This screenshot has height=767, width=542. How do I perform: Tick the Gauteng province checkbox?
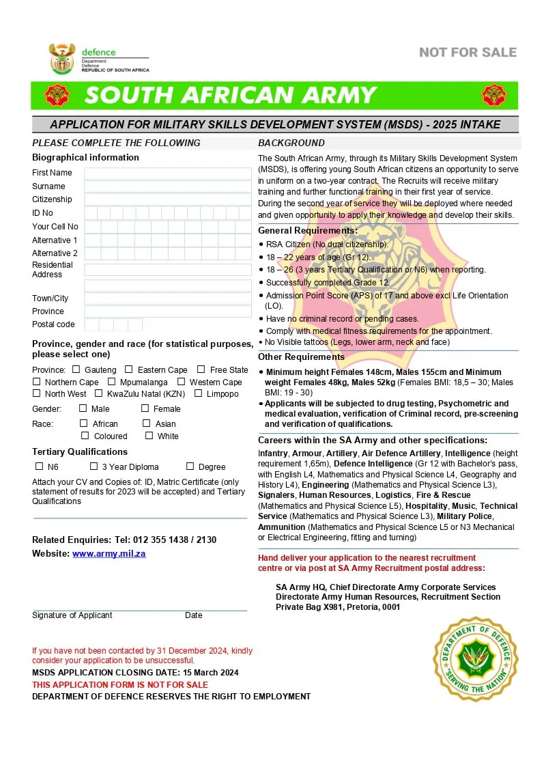click(x=76, y=369)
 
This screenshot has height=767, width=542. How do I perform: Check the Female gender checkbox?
click(x=145, y=408)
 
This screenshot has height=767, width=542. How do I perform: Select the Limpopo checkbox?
click(x=198, y=393)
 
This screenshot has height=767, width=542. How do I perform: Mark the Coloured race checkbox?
click(x=85, y=436)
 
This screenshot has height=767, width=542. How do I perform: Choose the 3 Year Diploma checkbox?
click(x=94, y=466)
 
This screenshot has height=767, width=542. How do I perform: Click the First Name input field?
click(x=167, y=173)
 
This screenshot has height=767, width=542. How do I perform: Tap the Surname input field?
click(x=167, y=186)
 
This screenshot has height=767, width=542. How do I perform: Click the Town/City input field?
click(x=167, y=298)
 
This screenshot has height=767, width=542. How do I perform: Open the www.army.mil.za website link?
click(x=109, y=554)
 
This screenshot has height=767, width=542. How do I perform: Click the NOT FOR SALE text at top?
click(x=468, y=53)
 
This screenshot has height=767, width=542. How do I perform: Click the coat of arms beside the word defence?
click(x=61, y=59)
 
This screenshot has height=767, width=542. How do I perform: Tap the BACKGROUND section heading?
click(x=291, y=143)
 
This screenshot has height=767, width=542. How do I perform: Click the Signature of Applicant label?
click(x=72, y=615)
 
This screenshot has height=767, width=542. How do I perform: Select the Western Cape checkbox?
click(x=182, y=382)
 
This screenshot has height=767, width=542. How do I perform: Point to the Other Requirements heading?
click(x=301, y=357)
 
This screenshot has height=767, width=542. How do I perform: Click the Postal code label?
click(x=53, y=324)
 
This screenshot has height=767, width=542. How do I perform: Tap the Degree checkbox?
click(x=190, y=466)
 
